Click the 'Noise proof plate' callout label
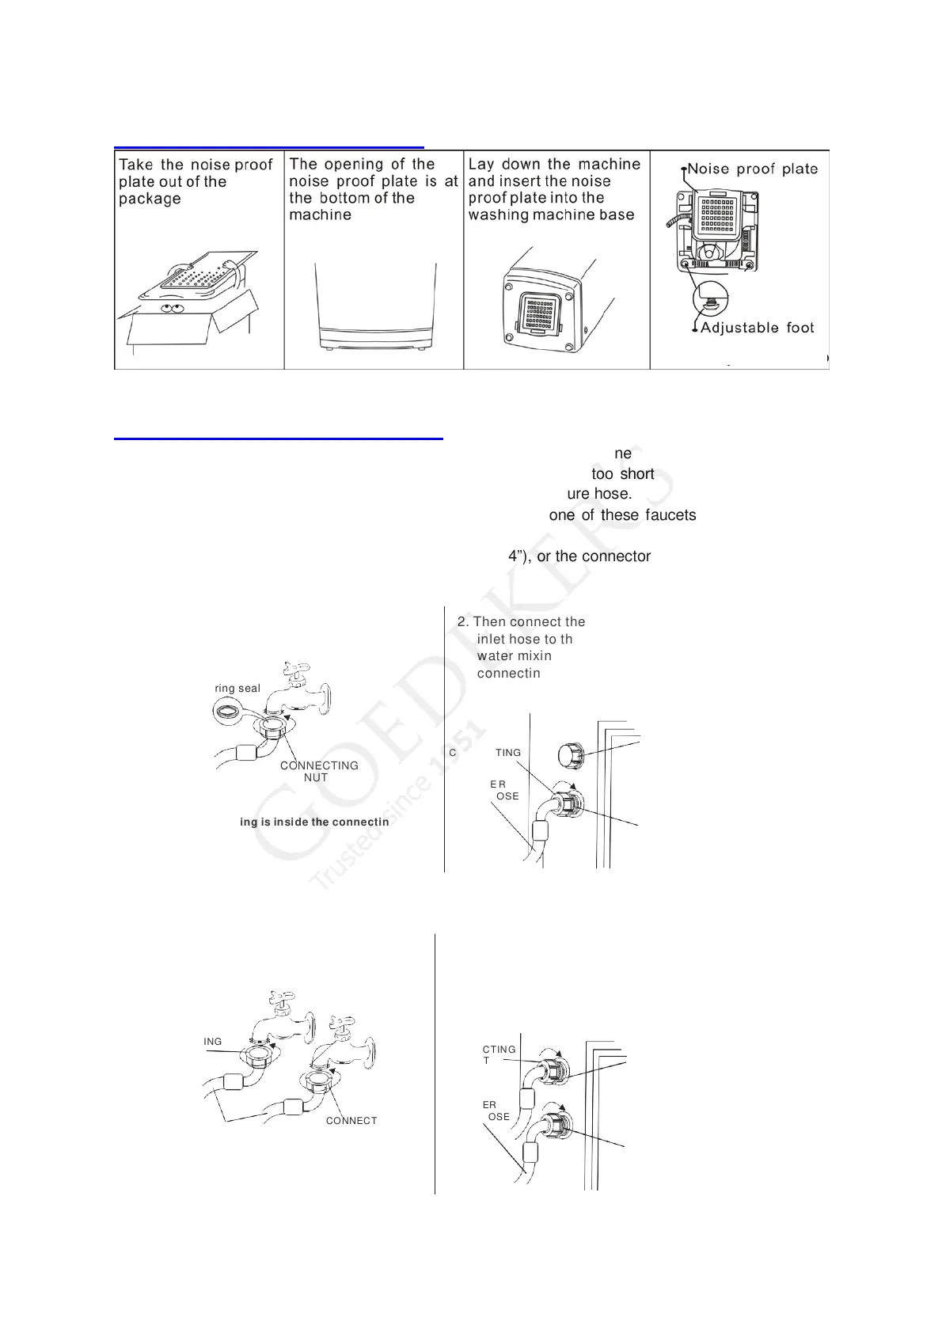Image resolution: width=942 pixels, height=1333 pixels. (752, 169)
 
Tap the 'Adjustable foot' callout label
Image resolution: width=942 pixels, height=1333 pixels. (758, 328)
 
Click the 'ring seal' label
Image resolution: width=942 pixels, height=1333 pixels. (237, 689)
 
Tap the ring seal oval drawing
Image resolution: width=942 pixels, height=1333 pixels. (230, 711)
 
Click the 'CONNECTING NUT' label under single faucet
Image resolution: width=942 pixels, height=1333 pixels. (319, 772)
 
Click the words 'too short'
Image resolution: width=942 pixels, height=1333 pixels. (623, 474)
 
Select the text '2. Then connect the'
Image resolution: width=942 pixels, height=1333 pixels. (522, 622)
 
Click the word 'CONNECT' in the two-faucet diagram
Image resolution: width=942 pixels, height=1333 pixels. (351, 1121)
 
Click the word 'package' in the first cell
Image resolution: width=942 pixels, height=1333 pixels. (150, 199)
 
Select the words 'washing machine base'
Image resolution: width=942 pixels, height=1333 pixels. (551, 215)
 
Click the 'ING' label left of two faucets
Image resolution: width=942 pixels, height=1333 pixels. (213, 1042)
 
